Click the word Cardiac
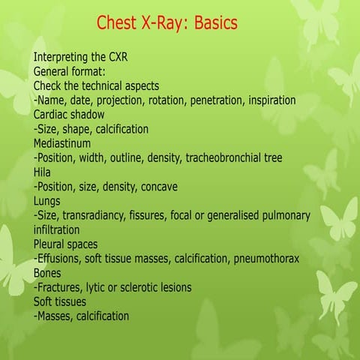click(x=52, y=114)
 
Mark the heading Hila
click(x=43, y=172)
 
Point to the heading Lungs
click(x=48, y=201)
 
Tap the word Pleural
click(x=52, y=244)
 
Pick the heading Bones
click(x=49, y=273)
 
